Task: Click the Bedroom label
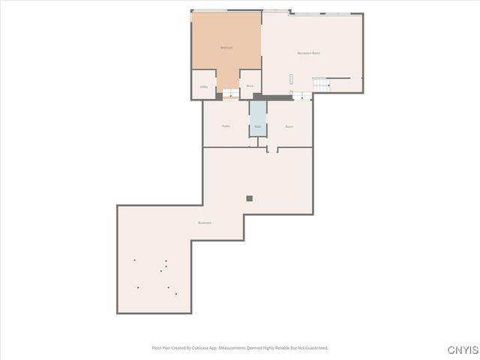[226, 48]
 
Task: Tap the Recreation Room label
[309, 52]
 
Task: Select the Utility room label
[203, 87]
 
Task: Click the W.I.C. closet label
[250, 86]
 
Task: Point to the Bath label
[258, 127]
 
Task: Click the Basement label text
[205, 223]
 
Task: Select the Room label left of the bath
[226, 126]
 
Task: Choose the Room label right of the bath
[289, 127]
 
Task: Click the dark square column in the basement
[250, 198]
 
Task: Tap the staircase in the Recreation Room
[321, 83]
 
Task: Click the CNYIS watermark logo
[463, 350]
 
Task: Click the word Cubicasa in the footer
[199, 348]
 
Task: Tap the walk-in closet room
[250, 79]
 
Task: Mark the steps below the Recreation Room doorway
[302, 95]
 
